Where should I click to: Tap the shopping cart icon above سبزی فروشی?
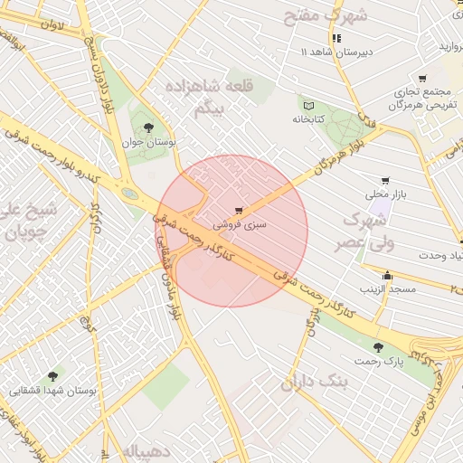238,210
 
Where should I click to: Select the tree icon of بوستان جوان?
148,128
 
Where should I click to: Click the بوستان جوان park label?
148,143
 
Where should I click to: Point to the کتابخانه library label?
307,118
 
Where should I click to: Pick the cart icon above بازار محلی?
386,181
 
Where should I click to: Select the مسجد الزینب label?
388,288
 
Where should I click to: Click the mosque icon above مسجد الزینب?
388,276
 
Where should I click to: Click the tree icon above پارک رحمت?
378,347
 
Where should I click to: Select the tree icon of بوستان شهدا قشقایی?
52,375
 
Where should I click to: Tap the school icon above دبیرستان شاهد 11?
336,38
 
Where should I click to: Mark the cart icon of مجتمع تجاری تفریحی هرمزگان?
421,79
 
